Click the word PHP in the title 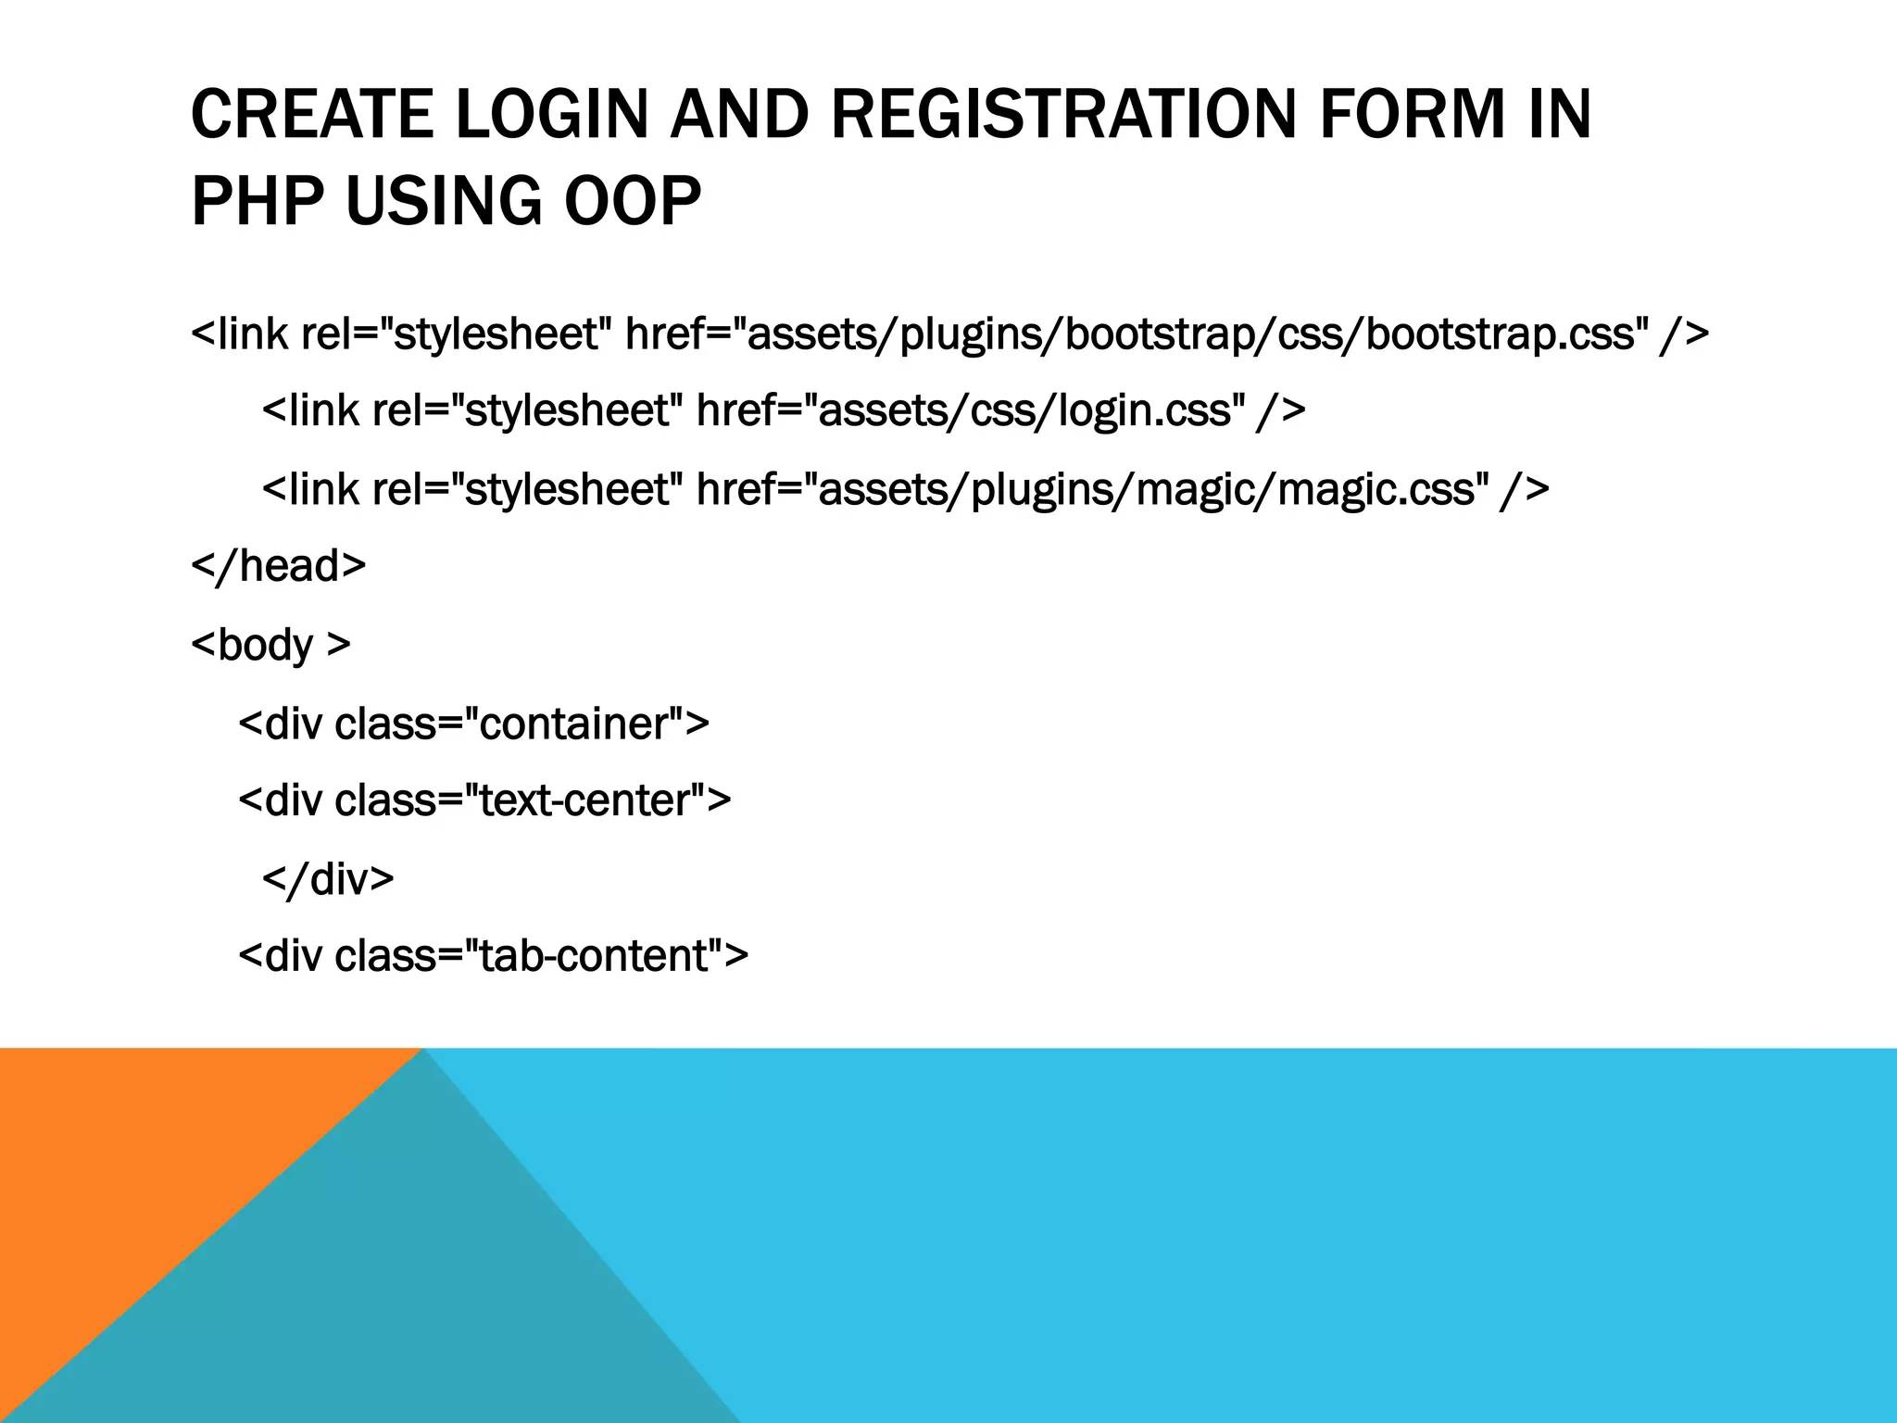[x=258, y=201]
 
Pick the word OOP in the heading [x=633, y=201]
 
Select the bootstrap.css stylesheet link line [x=949, y=334]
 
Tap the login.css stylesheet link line [x=784, y=410]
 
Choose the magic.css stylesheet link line [x=905, y=488]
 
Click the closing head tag [x=278, y=565]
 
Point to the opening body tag [x=270, y=645]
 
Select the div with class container [x=473, y=724]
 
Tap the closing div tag [x=328, y=878]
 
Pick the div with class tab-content [x=493, y=956]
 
